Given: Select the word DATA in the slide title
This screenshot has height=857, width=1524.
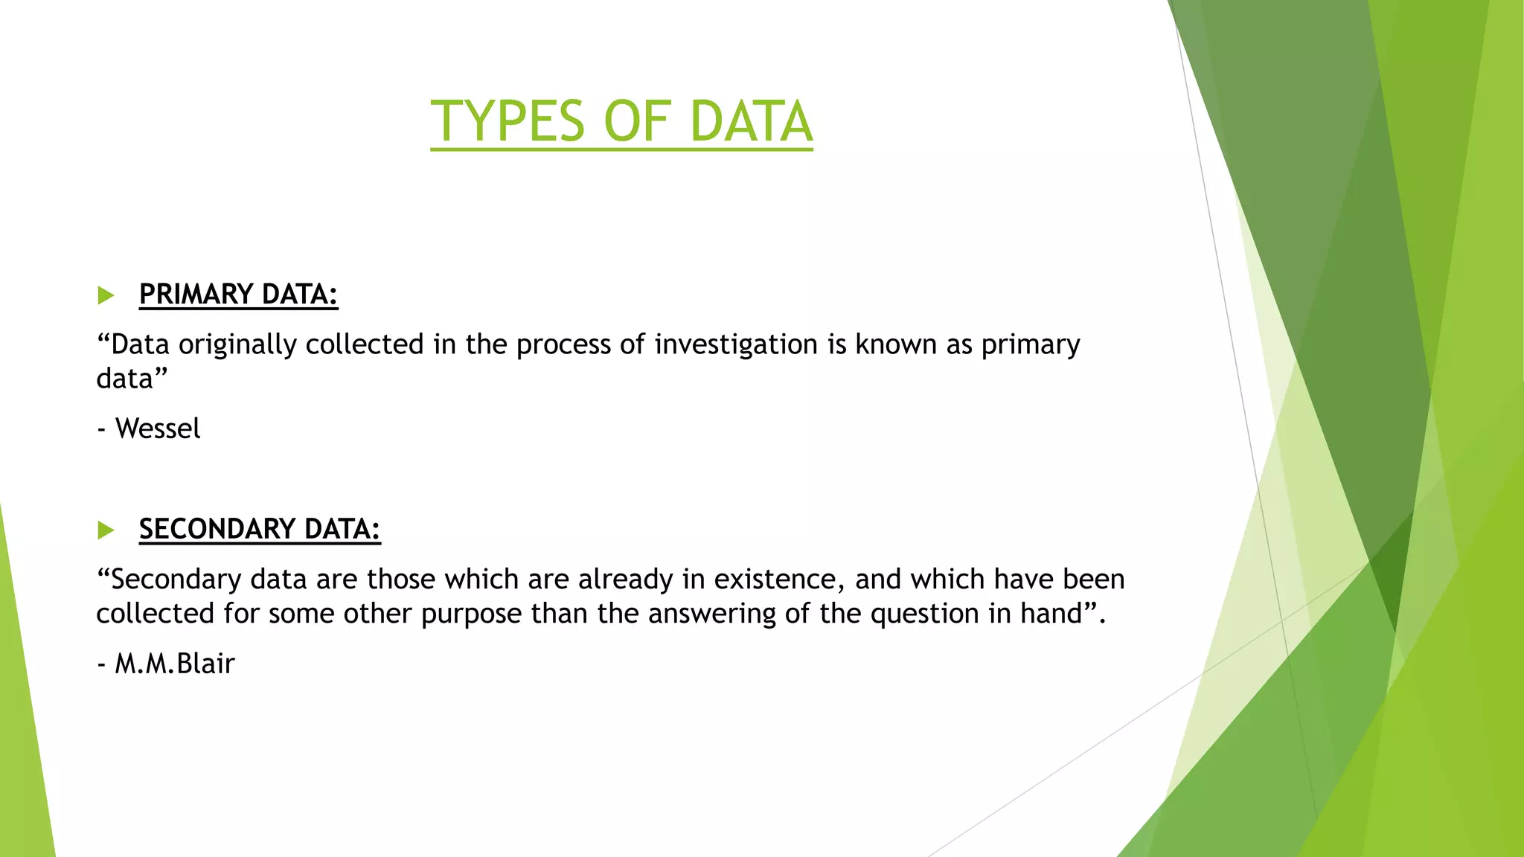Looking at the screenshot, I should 751,121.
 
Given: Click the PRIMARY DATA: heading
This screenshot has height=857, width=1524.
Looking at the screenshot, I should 238,295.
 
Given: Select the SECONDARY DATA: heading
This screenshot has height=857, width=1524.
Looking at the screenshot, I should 260,530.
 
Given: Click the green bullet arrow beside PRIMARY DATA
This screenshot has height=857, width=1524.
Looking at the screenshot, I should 106,295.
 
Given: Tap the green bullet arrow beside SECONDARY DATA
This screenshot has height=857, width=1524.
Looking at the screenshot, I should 106,530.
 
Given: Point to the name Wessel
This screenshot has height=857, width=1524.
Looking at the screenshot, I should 158,429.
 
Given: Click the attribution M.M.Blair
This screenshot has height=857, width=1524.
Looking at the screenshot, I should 175,664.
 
